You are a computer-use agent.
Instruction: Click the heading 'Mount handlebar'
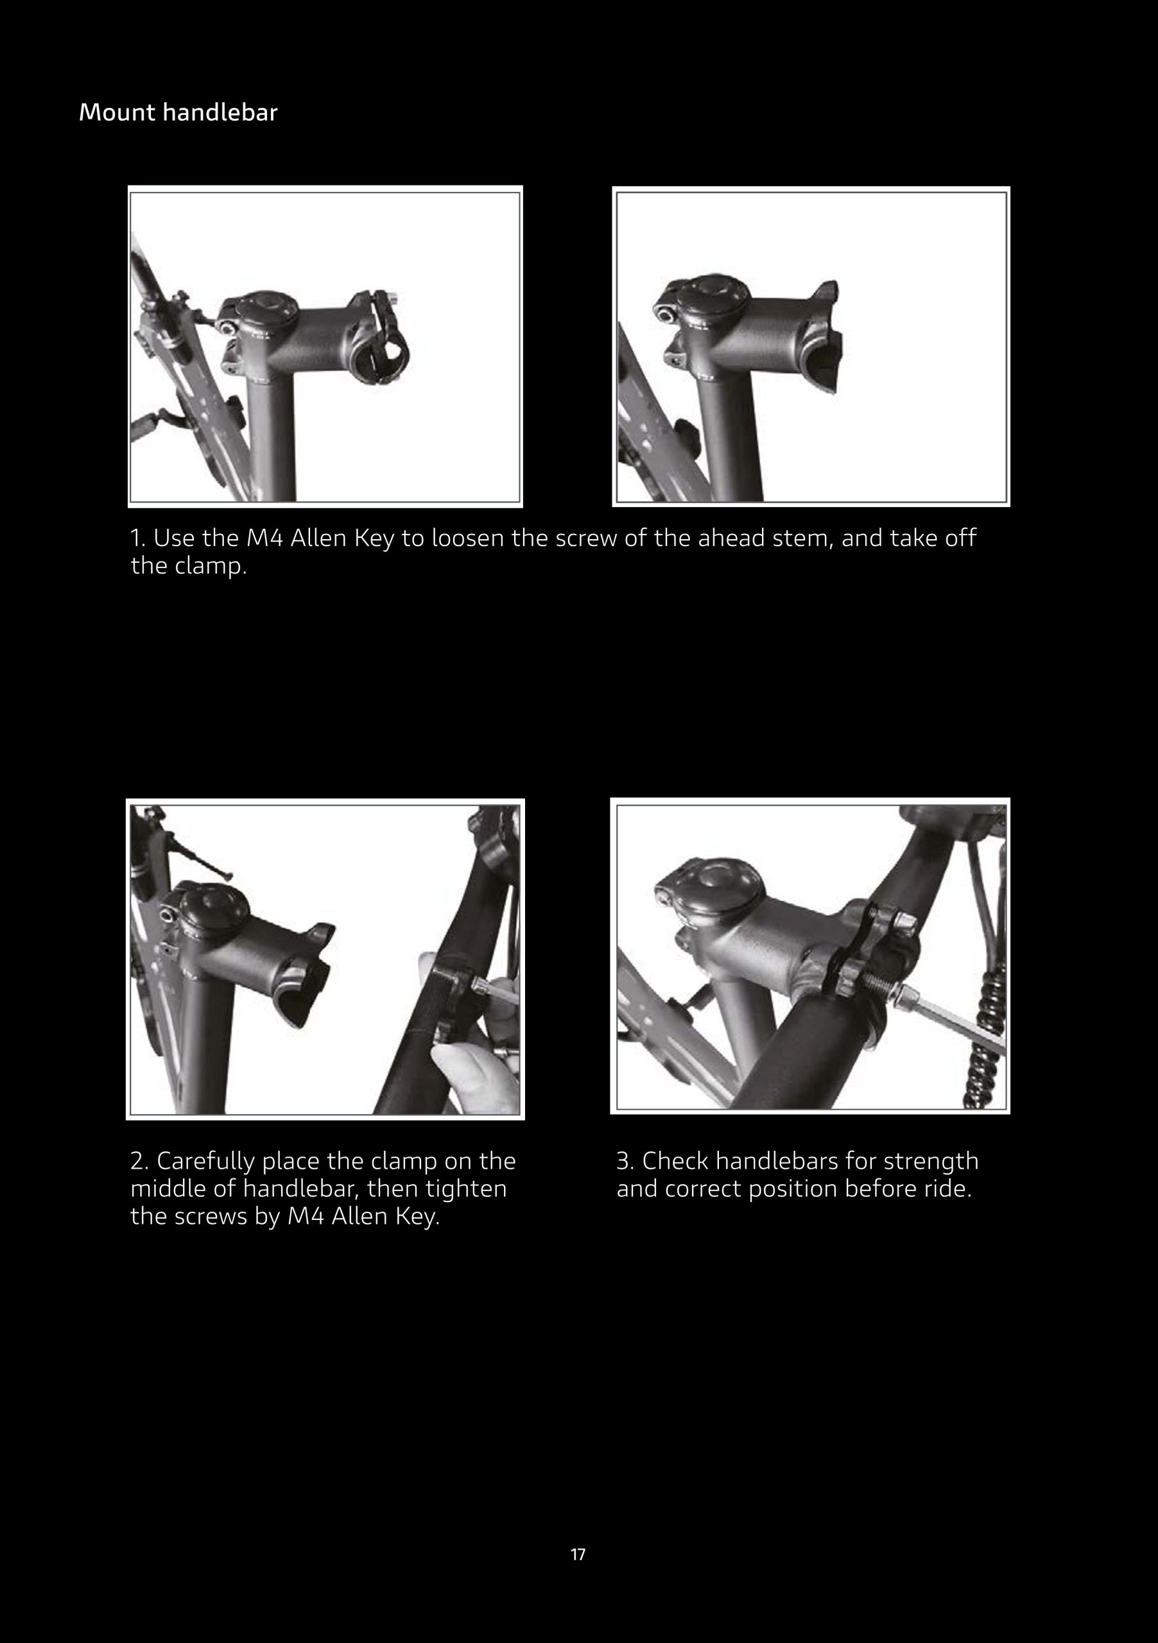[x=178, y=112]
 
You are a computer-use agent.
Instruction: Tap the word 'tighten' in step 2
[x=466, y=1189]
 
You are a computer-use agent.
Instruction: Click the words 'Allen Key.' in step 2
[x=385, y=1216]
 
